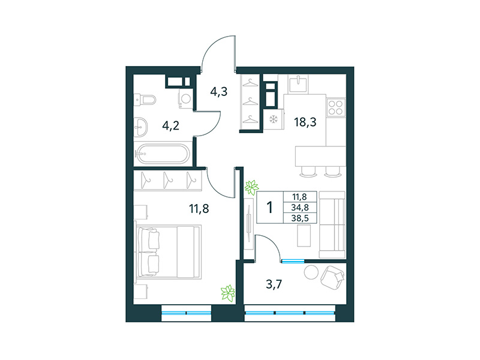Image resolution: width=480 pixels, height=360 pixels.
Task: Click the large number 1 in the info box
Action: coord(270,208)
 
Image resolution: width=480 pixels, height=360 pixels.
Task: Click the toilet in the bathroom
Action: coord(144,99)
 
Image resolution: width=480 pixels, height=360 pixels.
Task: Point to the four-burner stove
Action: coord(335,109)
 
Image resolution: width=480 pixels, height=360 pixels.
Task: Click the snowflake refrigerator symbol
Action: coord(272,118)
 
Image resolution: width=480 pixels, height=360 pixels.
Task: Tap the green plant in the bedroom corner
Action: coord(227,293)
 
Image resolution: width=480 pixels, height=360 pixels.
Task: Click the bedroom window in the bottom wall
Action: coord(187,312)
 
